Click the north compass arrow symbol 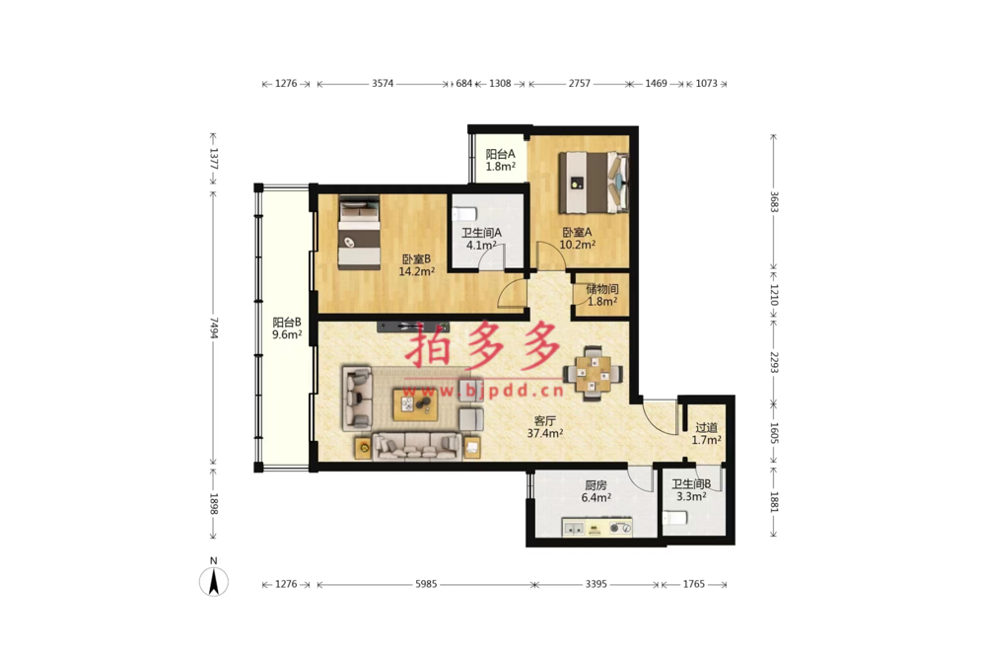214,582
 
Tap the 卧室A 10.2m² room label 577,239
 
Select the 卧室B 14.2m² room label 416,265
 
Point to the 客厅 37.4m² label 545,427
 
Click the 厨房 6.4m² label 596,491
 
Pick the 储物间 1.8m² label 601,295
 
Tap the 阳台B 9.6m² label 287,328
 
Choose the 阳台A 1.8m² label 501,160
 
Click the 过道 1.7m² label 706,434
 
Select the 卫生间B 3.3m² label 691,490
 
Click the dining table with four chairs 594,373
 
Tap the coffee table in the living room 415,404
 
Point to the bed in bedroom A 594,182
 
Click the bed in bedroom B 360,233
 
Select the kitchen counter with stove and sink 596,527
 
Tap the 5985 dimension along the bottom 426,584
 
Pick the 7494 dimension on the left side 214,327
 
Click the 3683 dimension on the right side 774,202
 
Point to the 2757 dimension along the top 580,84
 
